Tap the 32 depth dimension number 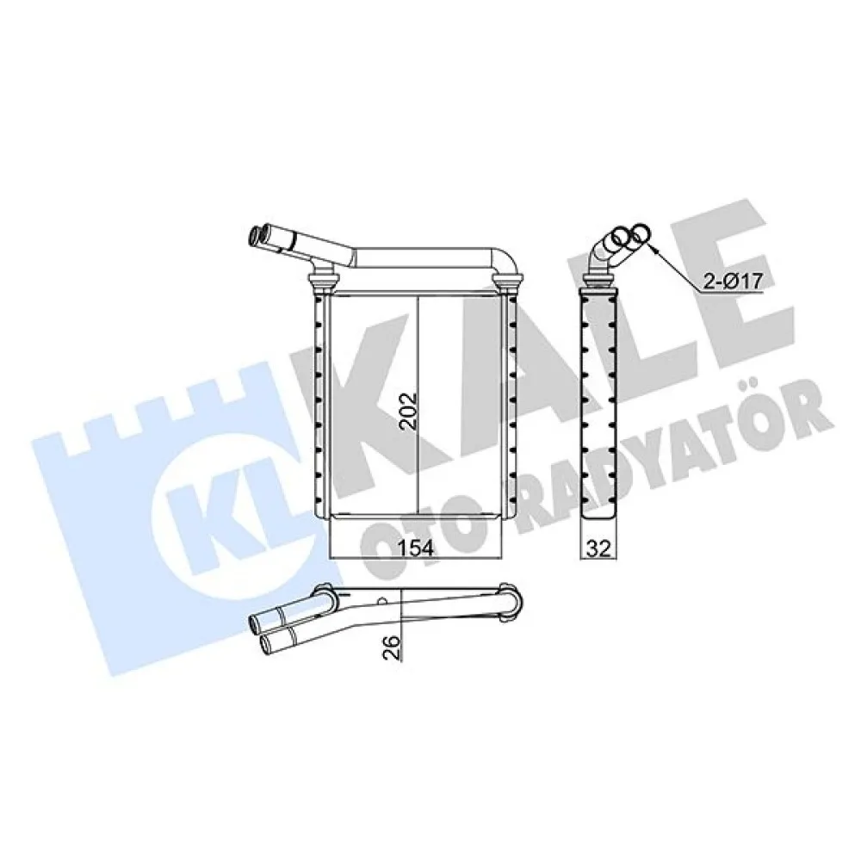pos(598,548)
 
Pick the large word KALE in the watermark pos(534,344)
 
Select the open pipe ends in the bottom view pos(258,633)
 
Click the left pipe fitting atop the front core pos(323,281)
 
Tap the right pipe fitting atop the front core pos(508,281)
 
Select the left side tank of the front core pos(320,405)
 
